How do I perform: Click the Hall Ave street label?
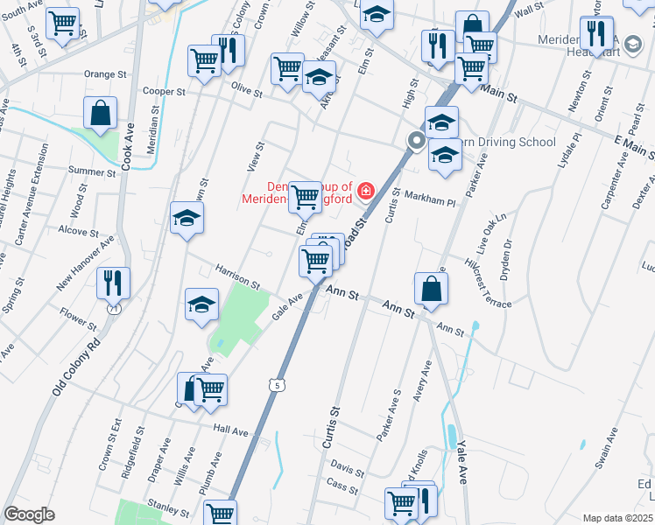click(x=231, y=429)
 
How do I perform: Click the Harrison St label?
click(x=238, y=279)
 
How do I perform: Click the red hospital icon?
click(x=363, y=190)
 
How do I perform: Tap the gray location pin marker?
click(x=416, y=140)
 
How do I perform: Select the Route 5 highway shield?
click(x=278, y=384)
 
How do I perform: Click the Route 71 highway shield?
click(x=114, y=310)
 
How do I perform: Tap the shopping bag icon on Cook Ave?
click(x=101, y=113)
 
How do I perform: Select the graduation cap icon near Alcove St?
click(x=187, y=220)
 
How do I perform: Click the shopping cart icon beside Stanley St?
click(x=220, y=514)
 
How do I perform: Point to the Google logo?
click(x=29, y=514)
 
